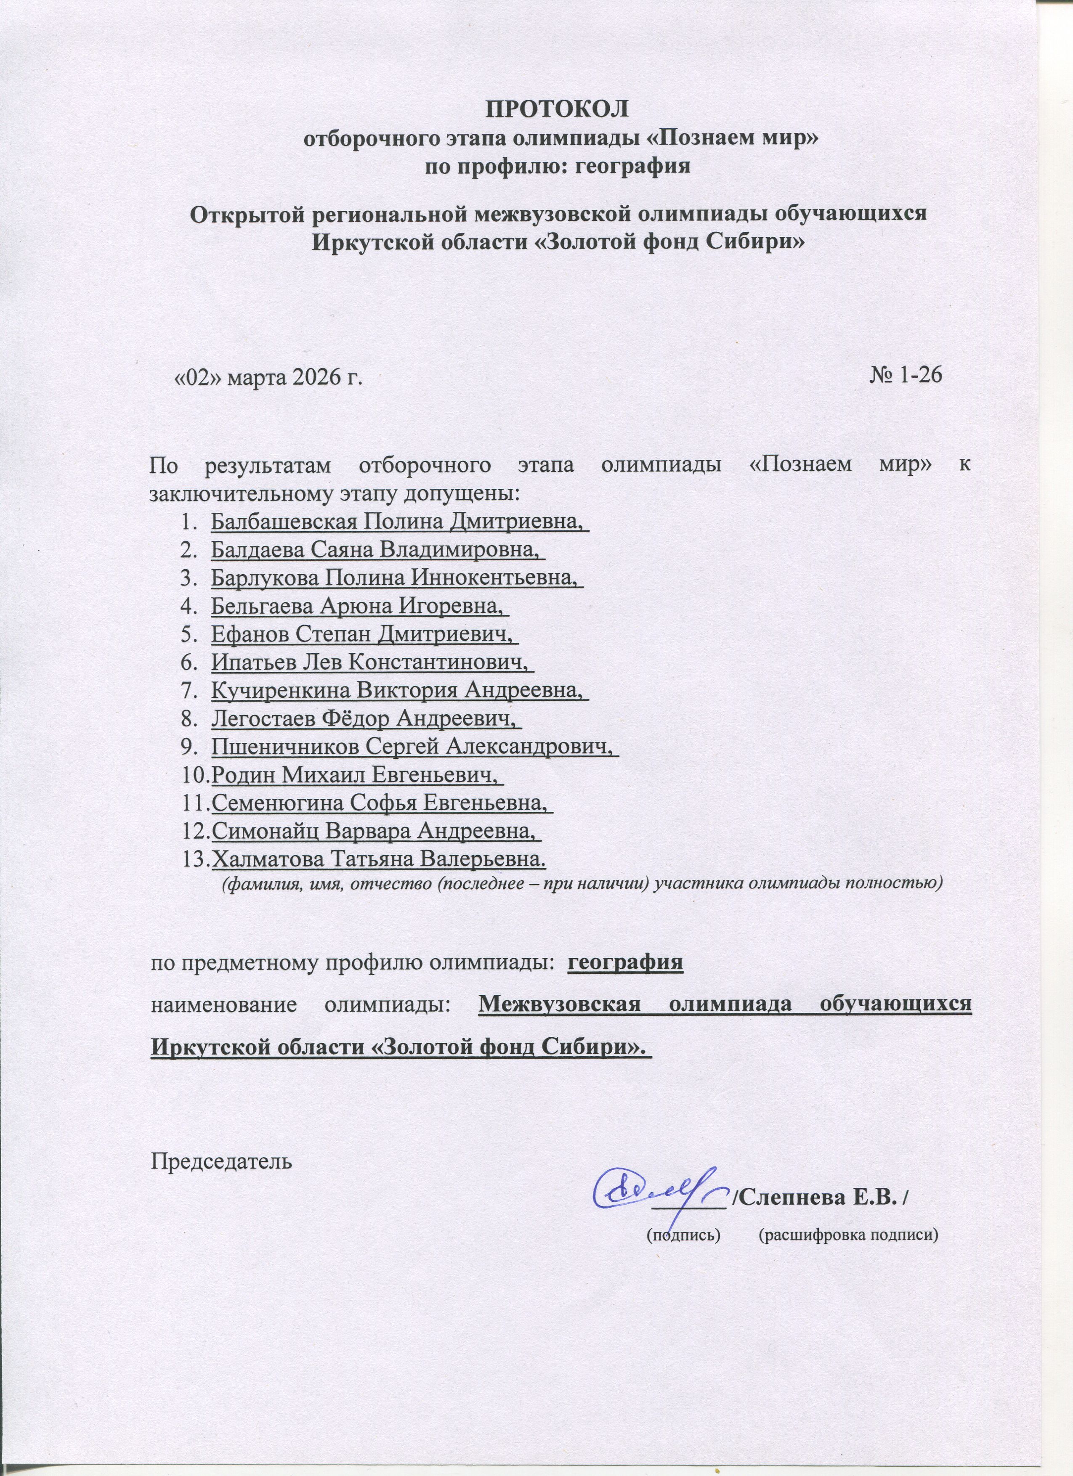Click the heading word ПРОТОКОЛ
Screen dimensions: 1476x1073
tap(558, 109)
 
